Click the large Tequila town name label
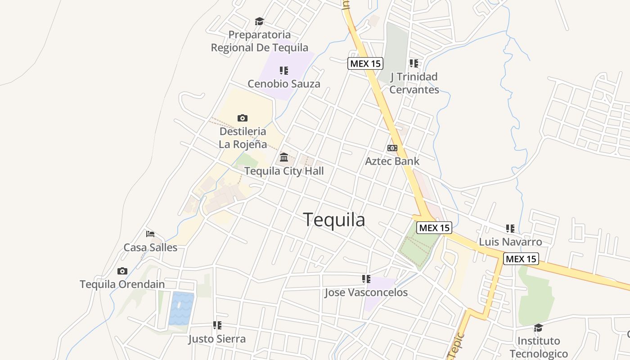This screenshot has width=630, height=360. pos(334,220)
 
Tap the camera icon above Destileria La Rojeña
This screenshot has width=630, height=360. pos(243,118)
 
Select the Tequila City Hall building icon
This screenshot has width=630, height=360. pos(284,157)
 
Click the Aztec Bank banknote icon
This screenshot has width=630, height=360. pos(392,148)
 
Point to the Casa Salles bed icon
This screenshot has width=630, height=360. pos(150,234)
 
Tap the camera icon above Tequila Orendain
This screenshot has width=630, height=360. pos(122,271)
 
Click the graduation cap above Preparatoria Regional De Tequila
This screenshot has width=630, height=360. pos(259,21)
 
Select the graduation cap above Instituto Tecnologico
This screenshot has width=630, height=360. pos(538,328)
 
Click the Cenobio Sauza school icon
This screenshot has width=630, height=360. pos(283,71)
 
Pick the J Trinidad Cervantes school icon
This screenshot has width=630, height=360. pos(414,63)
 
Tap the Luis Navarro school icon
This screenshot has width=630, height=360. pos(510,229)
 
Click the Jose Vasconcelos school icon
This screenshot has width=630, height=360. pos(366,279)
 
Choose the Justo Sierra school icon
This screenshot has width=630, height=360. pos(217,325)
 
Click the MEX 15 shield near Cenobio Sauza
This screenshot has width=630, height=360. pos(365,63)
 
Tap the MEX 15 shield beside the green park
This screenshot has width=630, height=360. pos(434,228)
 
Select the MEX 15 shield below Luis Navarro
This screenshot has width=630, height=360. pos(521,259)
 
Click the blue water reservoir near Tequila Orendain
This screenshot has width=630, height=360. pos(181,308)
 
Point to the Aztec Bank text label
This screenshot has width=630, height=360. pos(392,161)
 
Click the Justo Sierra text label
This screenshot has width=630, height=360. pos(217,339)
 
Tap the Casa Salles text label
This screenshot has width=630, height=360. pos(150,247)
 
